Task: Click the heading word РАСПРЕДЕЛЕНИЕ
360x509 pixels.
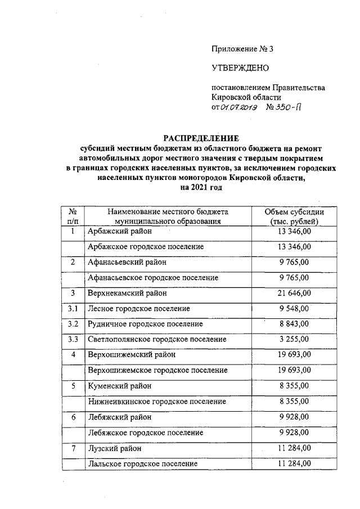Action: coord(201,138)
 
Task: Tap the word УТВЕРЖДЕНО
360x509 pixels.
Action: coord(240,68)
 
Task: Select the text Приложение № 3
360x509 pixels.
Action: coord(242,49)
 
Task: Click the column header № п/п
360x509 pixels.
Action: coord(73,217)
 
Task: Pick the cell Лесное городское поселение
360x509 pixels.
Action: coord(138,308)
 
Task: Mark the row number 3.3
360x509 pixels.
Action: coord(73,340)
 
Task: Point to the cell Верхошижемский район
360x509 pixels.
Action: coord(132,355)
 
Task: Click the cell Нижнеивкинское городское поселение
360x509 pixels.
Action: coord(157,402)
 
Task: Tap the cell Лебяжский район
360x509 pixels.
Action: coord(119,417)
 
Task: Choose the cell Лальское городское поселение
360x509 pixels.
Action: coord(142,463)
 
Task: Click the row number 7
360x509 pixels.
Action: coord(73,448)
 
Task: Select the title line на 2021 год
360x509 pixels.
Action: coord(202,187)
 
